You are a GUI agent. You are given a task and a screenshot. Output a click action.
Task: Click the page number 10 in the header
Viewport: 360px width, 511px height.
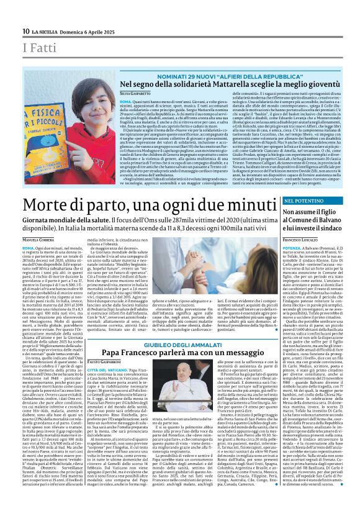click(x=25, y=32)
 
